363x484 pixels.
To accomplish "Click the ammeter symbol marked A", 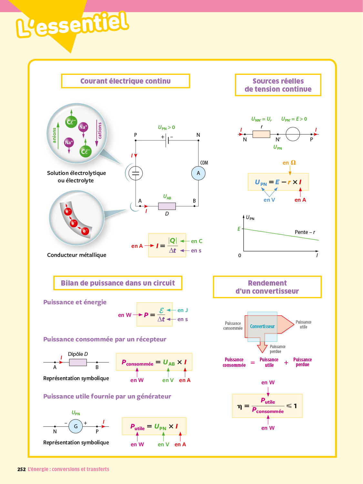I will click(198, 173).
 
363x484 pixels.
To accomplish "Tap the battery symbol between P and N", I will click(167, 140).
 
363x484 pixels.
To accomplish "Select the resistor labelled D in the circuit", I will click(167, 206).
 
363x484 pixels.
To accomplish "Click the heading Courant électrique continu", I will click(125, 81).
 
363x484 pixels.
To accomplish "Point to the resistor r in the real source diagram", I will click(261, 134).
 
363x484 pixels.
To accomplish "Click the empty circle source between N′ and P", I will click(293, 134).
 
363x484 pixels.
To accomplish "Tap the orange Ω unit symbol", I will click(293, 163).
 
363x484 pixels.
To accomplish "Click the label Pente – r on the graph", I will click(305, 232).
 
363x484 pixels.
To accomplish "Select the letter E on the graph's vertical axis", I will click(239, 229).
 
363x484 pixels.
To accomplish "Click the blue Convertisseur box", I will click(262, 326).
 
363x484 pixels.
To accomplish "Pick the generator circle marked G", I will click(76, 426).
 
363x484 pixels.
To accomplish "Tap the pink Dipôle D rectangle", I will click(78, 362).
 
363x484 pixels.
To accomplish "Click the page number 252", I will click(22, 469).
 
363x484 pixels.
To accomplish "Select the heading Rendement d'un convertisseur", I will click(267, 287).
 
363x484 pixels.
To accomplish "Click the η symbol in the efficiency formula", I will click(239, 406).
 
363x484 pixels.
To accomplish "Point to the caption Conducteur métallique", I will click(76, 255).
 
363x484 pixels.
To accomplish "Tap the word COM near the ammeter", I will click(204, 163).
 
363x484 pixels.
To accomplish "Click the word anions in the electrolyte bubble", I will click(54, 135).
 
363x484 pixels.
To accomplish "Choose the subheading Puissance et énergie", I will click(75, 302).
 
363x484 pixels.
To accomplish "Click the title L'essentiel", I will click(73, 24).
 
